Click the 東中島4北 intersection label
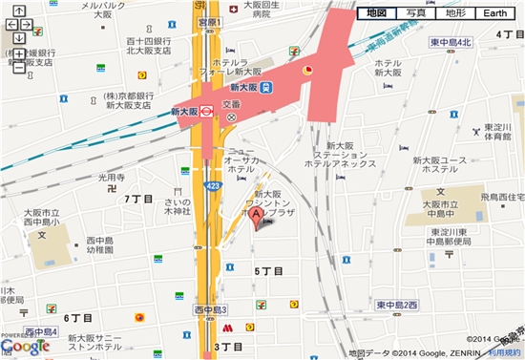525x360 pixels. coord(451,43)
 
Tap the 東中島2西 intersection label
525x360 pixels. coord(397,305)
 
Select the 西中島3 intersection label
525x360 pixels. coord(211,310)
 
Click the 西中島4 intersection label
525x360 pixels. coord(42,331)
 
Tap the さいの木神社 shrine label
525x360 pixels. coord(178,205)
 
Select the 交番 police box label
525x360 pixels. coord(232,105)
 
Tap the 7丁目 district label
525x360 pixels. coord(139,198)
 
